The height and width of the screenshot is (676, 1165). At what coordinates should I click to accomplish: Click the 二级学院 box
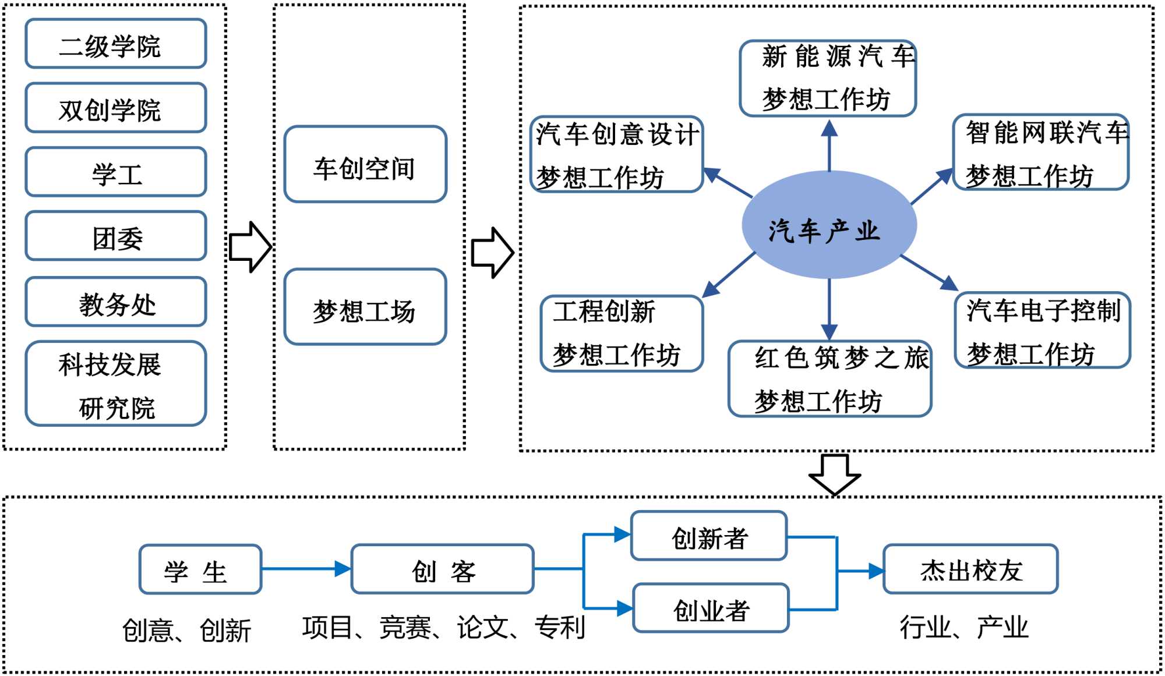tap(116, 44)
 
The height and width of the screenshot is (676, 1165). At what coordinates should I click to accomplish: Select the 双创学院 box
tap(116, 108)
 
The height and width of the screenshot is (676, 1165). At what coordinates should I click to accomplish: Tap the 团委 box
tap(116, 236)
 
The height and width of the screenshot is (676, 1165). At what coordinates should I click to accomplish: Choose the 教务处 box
tap(116, 302)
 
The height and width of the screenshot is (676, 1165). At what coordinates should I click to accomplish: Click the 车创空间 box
tap(365, 165)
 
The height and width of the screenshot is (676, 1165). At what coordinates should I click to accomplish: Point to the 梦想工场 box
tap(365, 307)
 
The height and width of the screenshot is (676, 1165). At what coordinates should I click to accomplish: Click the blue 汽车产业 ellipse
tap(829, 225)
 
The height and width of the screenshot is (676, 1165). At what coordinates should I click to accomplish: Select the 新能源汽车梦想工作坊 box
tap(828, 79)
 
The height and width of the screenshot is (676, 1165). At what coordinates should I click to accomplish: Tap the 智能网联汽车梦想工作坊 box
tap(1041, 153)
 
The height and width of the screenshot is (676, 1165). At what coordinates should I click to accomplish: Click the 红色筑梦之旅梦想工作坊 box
tap(829, 379)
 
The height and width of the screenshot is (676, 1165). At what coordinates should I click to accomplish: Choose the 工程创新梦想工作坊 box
tap(622, 334)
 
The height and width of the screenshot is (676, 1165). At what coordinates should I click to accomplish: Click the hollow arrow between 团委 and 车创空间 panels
tap(250, 247)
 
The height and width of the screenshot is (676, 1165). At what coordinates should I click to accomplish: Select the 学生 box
tap(200, 569)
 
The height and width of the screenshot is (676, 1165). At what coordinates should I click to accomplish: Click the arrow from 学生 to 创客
tap(306, 569)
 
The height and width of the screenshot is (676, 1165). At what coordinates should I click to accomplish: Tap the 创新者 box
tap(709, 536)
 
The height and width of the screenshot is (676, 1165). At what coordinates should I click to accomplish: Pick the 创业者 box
tap(711, 608)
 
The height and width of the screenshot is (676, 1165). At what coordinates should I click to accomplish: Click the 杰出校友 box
tap(970, 569)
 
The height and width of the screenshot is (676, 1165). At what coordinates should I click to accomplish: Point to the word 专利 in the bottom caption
tap(560, 627)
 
